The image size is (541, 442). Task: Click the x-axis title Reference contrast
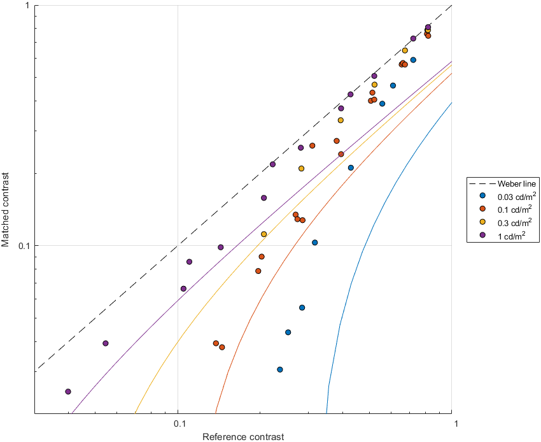[x=242, y=436]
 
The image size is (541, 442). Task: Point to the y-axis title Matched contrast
[x=6, y=209]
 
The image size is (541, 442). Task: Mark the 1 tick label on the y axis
[x=28, y=6]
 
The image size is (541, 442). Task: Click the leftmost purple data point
[x=68, y=392]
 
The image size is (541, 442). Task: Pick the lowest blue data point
[x=280, y=369]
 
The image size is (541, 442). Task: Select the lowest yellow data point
[x=264, y=234]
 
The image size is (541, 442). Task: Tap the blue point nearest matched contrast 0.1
[x=315, y=243]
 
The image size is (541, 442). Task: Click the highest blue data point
[x=414, y=60]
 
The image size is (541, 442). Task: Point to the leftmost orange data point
[x=216, y=343]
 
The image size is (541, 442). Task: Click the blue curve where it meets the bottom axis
[x=327, y=413]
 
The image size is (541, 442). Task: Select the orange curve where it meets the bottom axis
[x=216, y=413]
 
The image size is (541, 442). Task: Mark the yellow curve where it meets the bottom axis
[x=135, y=413]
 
